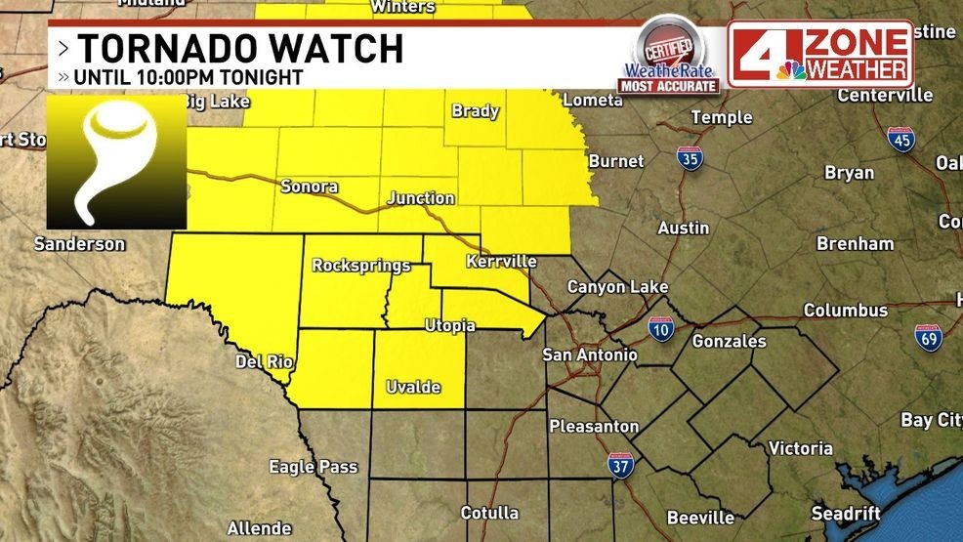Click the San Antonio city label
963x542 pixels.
[590, 354]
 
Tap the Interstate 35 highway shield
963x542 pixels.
[691, 158]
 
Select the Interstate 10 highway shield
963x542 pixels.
[661, 330]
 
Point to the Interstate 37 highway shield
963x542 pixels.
[619, 464]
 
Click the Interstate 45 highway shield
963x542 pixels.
[900, 138]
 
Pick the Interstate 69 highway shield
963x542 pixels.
[928, 337]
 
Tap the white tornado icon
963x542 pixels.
[116, 161]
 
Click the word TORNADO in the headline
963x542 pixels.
[163, 48]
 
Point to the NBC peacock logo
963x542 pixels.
[791, 69]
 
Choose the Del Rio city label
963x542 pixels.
[264, 361]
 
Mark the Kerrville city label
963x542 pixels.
[501, 262]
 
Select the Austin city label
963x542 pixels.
[683, 228]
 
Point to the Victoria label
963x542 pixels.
[800, 448]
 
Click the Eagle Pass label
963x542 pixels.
[313, 467]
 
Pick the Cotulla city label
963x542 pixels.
[489, 512]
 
